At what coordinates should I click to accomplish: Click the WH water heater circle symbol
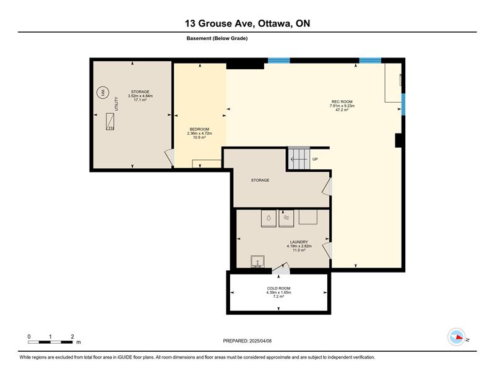click(103, 93)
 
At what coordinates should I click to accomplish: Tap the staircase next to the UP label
click(299, 159)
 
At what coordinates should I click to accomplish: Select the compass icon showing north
click(457, 337)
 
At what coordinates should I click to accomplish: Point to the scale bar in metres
click(50, 342)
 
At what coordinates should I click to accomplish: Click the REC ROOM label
click(342, 101)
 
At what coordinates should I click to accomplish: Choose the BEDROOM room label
click(199, 129)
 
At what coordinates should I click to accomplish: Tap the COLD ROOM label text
click(278, 288)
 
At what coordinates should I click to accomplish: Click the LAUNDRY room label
click(299, 242)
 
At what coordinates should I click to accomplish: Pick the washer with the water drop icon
click(269, 218)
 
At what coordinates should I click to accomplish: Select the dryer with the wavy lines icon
click(286, 218)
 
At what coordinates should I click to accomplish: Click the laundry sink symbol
click(257, 261)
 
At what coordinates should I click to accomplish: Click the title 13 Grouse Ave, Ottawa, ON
click(247, 23)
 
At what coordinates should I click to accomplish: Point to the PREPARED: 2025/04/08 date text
click(247, 341)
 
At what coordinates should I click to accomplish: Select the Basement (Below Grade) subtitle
click(217, 38)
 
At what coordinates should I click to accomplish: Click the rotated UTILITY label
click(116, 104)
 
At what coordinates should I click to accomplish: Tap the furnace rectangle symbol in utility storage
click(110, 121)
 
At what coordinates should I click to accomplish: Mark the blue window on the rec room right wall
click(403, 104)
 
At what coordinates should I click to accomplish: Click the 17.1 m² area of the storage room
click(140, 100)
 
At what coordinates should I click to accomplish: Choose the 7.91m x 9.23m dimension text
click(342, 106)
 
